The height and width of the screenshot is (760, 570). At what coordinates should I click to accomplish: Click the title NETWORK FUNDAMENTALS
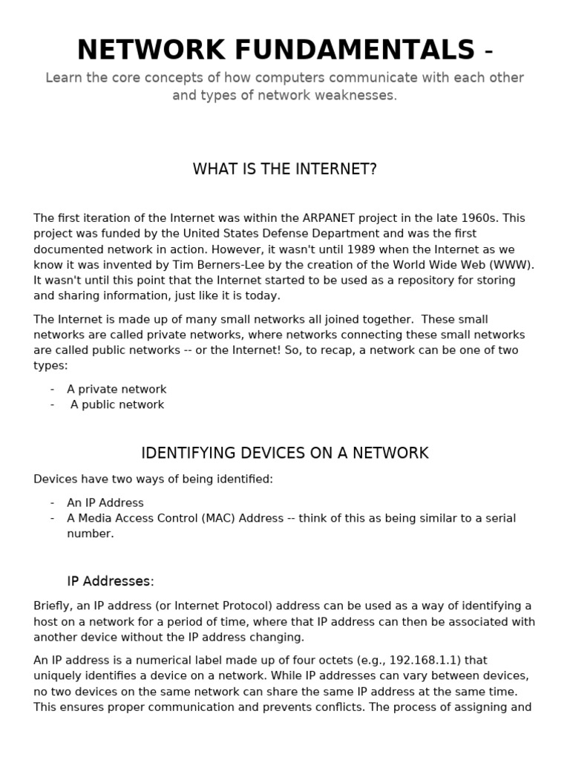click(x=275, y=50)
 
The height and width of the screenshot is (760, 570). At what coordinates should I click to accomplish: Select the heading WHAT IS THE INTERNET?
click(x=285, y=169)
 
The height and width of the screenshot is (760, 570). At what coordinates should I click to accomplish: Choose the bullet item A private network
click(x=117, y=390)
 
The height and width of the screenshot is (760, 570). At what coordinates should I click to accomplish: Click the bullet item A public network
click(x=117, y=405)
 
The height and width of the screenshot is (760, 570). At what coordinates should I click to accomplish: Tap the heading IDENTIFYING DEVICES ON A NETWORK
click(x=285, y=453)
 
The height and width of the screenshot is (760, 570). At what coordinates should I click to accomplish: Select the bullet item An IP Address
click(x=105, y=502)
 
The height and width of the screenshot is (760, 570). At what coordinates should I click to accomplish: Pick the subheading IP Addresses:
click(x=111, y=581)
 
